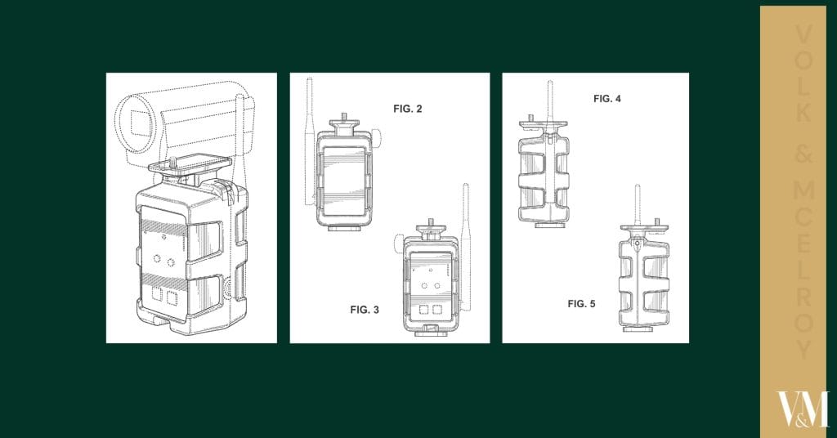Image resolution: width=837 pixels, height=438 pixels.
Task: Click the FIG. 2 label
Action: pyautogui.click(x=407, y=109)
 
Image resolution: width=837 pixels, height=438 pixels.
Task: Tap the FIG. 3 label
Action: pyautogui.click(x=365, y=310)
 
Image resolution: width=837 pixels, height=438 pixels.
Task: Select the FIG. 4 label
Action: pyautogui.click(x=607, y=99)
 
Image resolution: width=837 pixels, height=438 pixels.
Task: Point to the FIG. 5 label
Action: pyautogui.click(x=581, y=304)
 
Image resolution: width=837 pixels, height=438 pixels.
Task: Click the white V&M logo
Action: pyautogui.click(x=803, y=409)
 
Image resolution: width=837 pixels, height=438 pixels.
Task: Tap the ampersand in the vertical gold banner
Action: pyautogui.click(x=803, y=154)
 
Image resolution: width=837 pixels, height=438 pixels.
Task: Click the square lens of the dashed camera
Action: pyautogui.click(x=141, y=122)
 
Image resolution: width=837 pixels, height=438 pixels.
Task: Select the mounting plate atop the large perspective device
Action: pyautogui.click(x=190, y=164)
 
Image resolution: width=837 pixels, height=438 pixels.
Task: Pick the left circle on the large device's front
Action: pyautogui.click(x=157, y=259)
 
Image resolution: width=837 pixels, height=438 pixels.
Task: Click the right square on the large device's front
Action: pyautogui.click(x=172, y=297)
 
